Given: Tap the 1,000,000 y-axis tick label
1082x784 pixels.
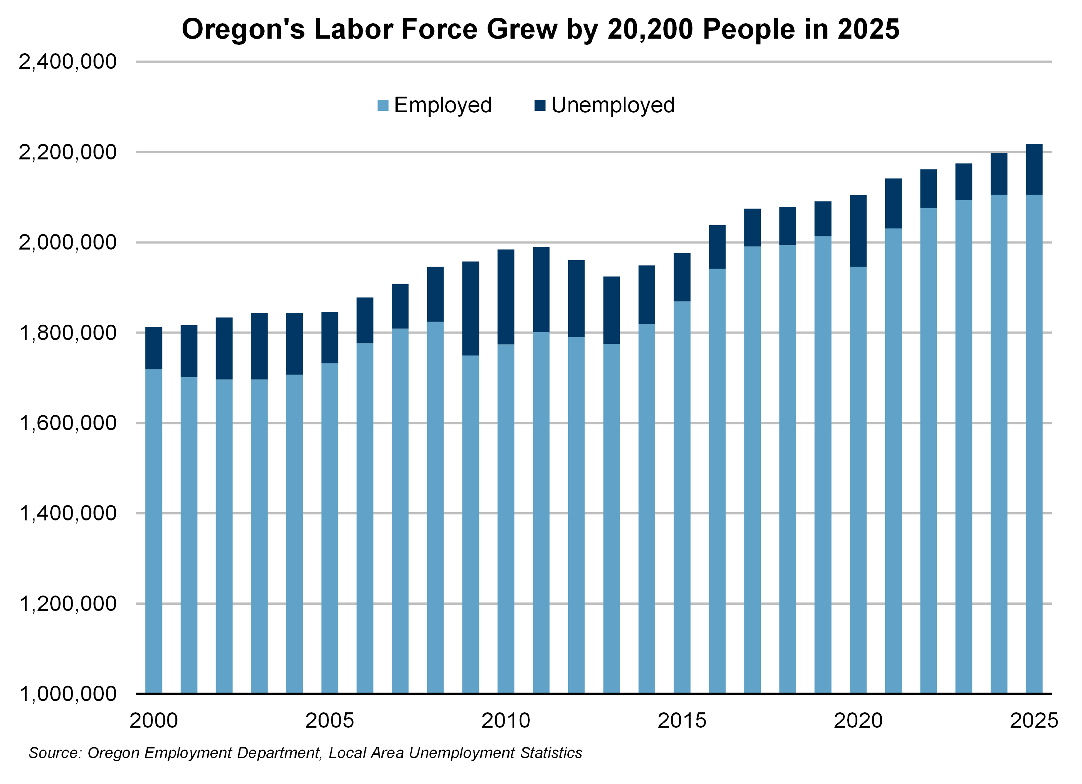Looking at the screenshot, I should click(67, 694).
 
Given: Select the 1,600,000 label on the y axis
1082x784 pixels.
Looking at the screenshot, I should click(67, 423).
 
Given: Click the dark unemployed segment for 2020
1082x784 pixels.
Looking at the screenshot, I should click(858, 231).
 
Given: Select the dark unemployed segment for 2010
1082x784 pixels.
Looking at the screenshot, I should click(506, 297).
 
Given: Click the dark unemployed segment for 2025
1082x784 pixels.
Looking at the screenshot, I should click(1034, 169).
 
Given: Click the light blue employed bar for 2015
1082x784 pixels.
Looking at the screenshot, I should click(682, 496).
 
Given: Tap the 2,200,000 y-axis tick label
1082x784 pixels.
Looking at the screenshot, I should click(67, 152).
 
